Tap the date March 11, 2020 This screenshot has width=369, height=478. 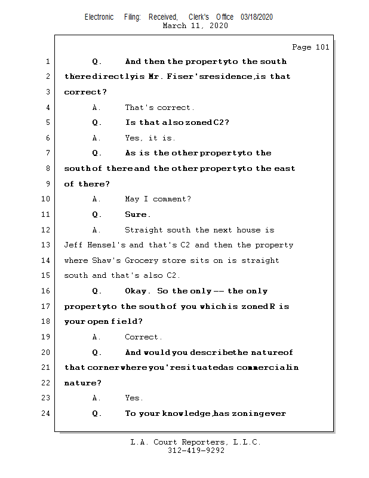195,26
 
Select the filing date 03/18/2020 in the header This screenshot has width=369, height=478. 257,17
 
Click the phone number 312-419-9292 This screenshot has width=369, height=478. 196,451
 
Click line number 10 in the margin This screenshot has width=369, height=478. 46,199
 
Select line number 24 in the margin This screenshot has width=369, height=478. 46,413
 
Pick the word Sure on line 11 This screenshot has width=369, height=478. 137,215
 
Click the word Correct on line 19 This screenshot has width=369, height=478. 142,337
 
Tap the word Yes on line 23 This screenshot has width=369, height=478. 133,398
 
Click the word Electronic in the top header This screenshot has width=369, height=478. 99,17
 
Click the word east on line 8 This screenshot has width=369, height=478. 284,168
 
